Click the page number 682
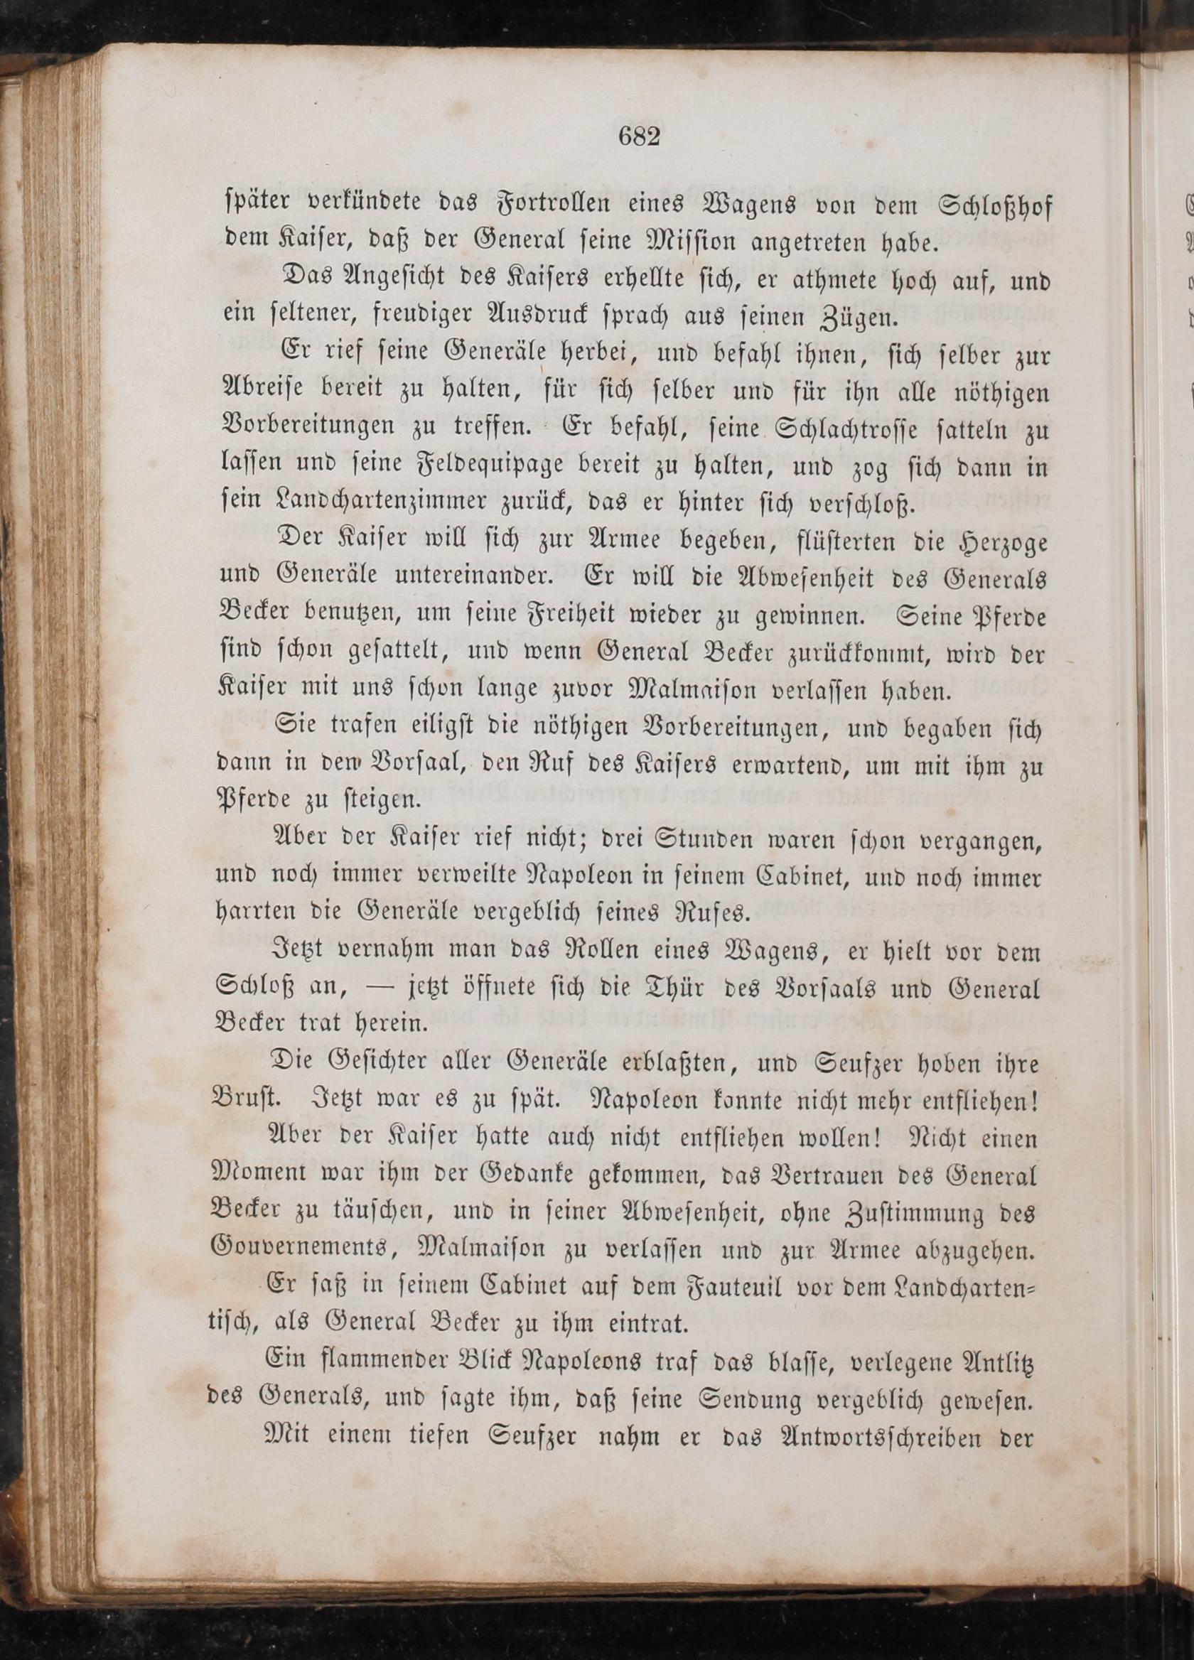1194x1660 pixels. click(x=638, y=137)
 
